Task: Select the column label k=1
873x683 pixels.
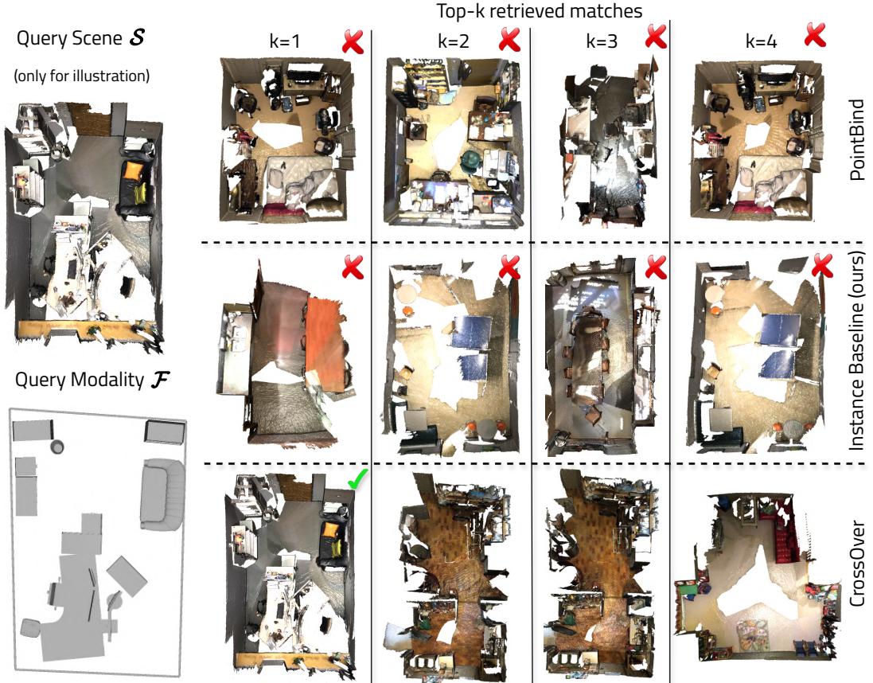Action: [x=285, y=43]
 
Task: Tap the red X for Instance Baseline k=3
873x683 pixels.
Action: [x=655, y=268]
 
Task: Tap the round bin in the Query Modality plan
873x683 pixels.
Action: [x=57, y=447]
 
